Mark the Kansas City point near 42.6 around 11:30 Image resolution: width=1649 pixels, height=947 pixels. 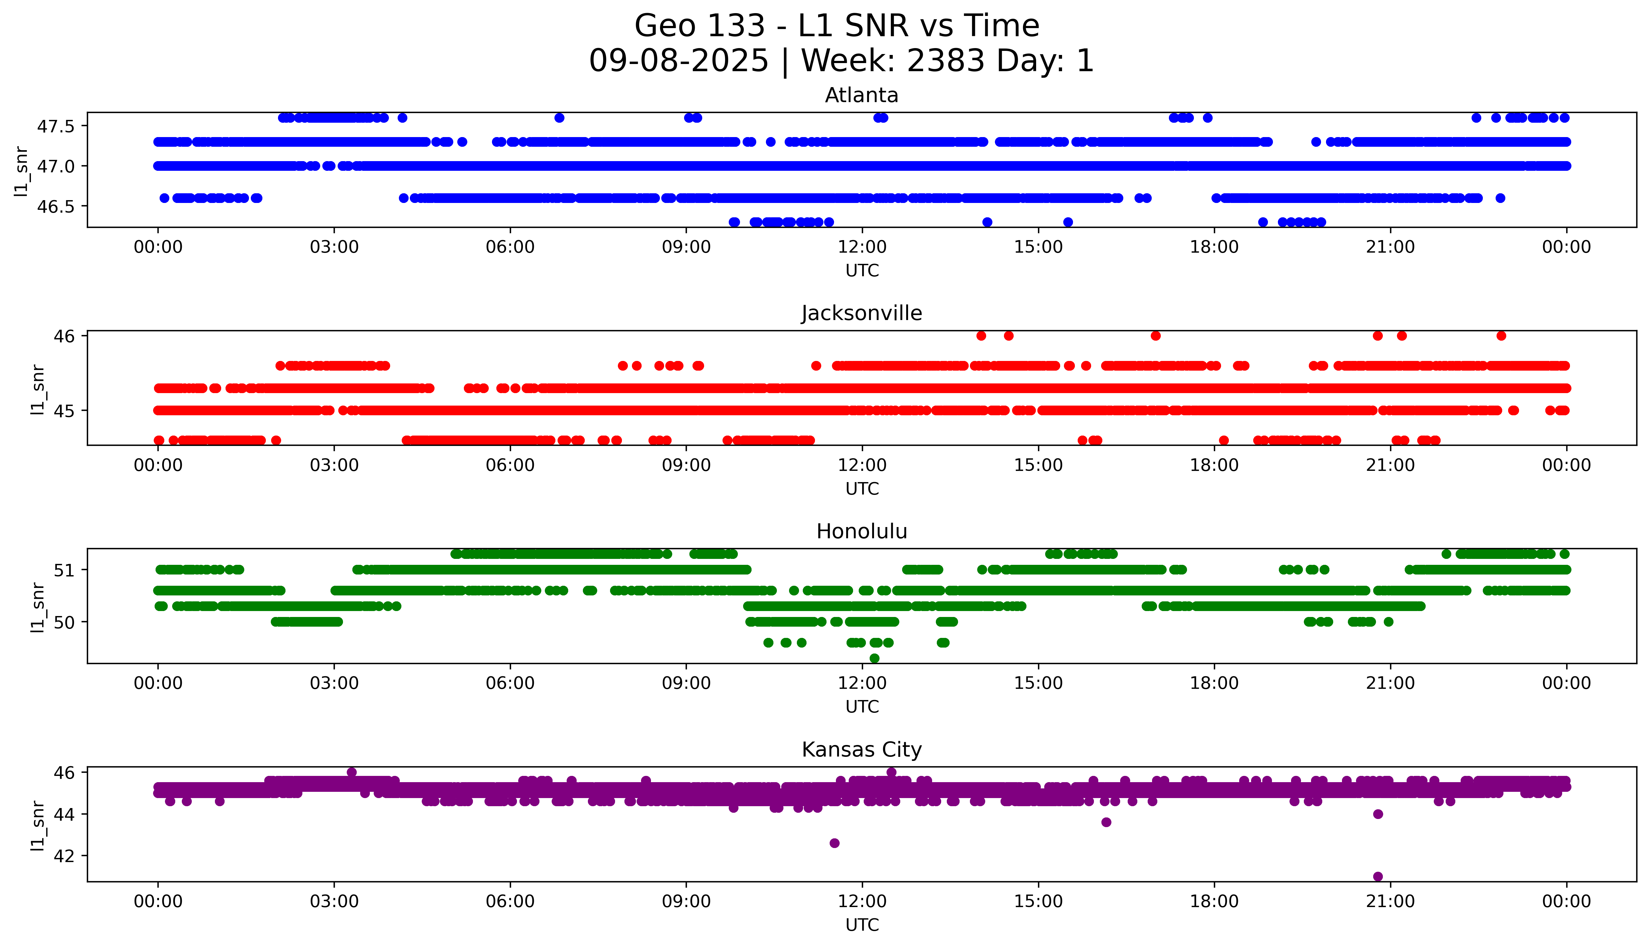[x=835, y=843]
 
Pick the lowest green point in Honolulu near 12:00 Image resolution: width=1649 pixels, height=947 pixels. [x=874, y=658]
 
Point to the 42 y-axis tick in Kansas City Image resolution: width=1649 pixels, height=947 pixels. [x=65, y=856]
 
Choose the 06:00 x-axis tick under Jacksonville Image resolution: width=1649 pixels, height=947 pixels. [x=510, y=465]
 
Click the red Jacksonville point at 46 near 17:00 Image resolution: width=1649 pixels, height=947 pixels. [x=1155, y=336]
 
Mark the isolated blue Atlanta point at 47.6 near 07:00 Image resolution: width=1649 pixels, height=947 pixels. [x=559, y=118]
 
